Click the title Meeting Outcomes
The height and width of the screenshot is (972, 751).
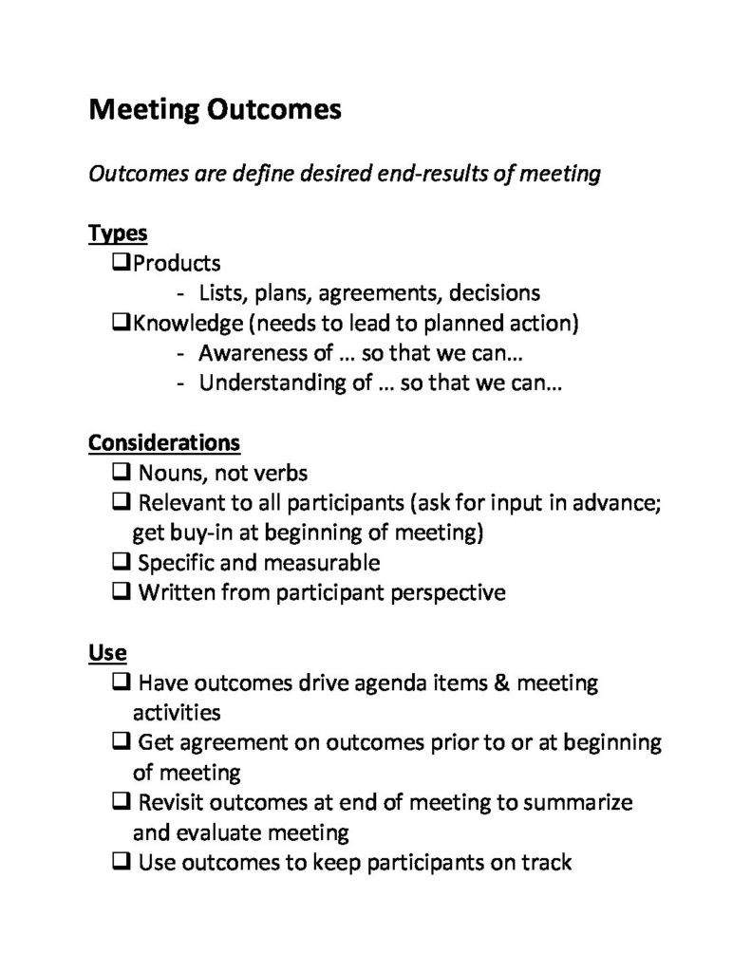coord(215,110)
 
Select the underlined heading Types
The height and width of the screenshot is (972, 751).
coord(118,233)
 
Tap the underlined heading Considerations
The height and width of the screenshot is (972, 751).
coord(163,442)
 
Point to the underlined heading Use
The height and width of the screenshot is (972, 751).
coord(107,652)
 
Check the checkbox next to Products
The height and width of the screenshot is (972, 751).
coord(121,261)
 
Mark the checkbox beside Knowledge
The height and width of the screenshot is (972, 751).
coord(121,322)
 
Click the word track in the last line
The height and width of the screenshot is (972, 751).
coord(547,863)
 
